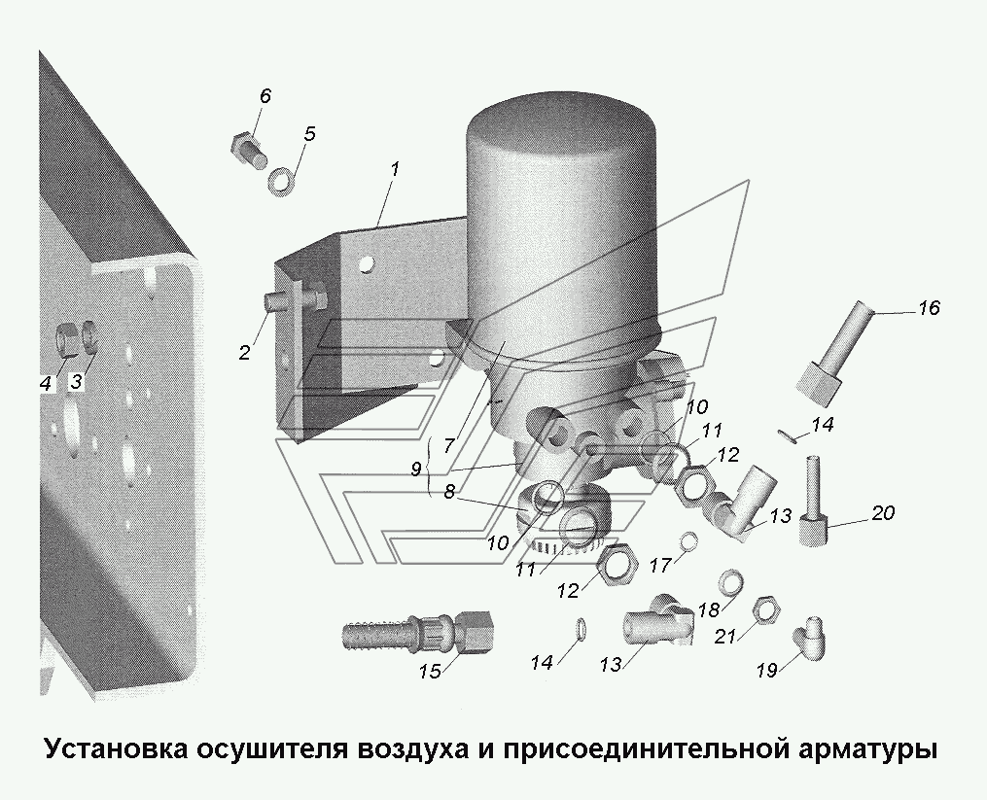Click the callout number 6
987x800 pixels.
pyautogui.click(x=265, y=96)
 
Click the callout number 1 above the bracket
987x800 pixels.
pyautogui.click(x=394, y=169)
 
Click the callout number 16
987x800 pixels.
pyautogui.click(x=929, y=308)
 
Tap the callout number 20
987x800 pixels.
pyautogui.click(x=882, y=513)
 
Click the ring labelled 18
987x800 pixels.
pyautogui.click(x=729, y=583)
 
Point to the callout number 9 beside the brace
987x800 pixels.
pyautogui.click(x=415, y=470)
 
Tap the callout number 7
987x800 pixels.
pyautogui.click(x=448, y=446)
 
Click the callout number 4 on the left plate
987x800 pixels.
pyautogui.click(x=46, y=383)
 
